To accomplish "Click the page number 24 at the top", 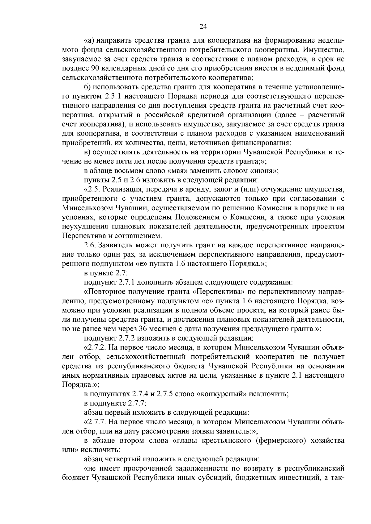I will coord(203,27).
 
